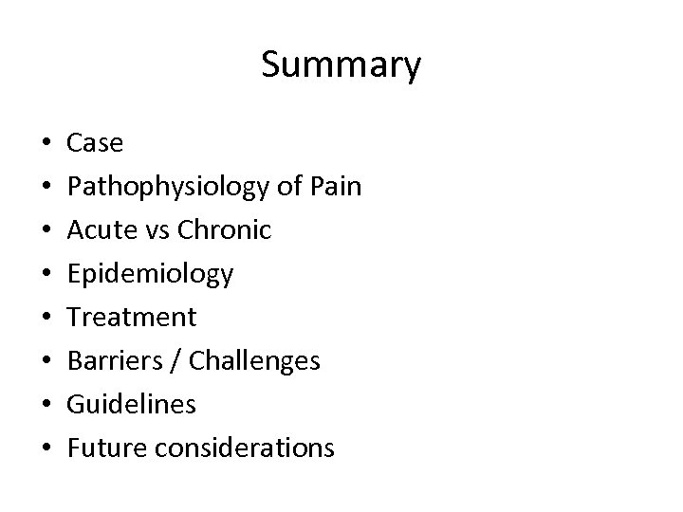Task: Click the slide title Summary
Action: [x=341, y=65]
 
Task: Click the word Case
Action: [x=95, y=144]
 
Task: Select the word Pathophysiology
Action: [x=167, y=188]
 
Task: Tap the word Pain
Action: [x=334, y=186]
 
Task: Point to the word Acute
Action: [x=100, y=229]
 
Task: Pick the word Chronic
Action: [x=224, y=229]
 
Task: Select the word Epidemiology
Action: [x=150, y=275]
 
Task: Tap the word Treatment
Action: [x=132, y=317]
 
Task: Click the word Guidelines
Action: [x=132, y=404]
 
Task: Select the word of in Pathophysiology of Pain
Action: [x=286, y=186]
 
